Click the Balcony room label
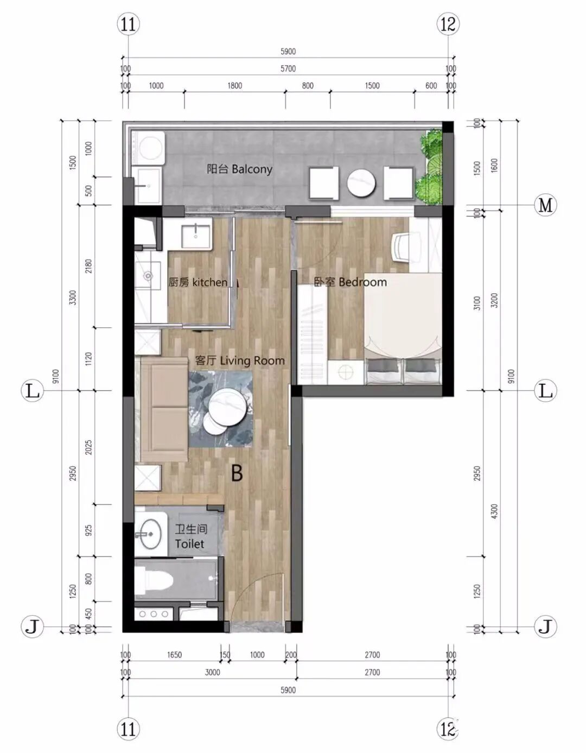click(x=239, y=169)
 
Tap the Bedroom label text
click(x=350, y=282)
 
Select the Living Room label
click(x=240, y=360)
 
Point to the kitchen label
click(x=198, y=282)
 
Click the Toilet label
click(x=190, y=537)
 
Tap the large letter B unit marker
click(x=237, y=473)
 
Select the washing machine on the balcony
click(x=148, y=148)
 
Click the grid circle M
click(x=545, y=205)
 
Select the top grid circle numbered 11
click(x=129, y=24)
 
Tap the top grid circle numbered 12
click(x=449, y=24)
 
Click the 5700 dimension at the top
click(x=288, y=68)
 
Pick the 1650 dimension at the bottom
click(x=174, y=655)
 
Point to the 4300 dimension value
click(x=494, y=511)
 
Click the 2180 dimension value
click(x=89, y=266)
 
